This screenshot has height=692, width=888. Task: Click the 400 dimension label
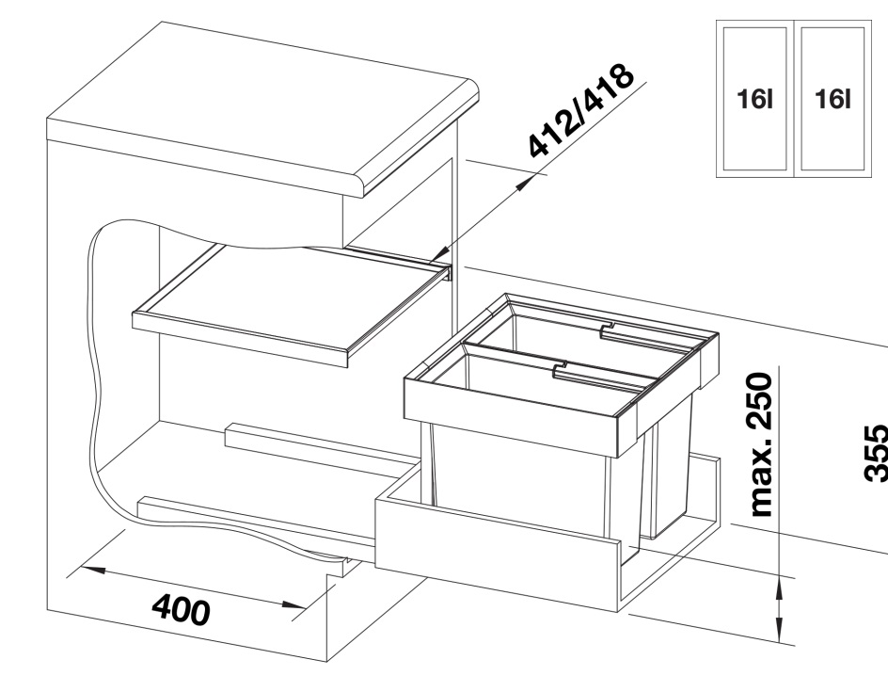[182, 609]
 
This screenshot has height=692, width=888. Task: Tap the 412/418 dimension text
[581, 110]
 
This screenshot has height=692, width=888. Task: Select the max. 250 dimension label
[761, 444]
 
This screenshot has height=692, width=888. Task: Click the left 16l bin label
[755, 99]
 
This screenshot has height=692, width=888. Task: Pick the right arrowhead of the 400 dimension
[293, 606]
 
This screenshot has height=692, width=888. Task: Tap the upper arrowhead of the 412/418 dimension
[523, 183]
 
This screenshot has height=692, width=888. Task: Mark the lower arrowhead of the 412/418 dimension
[440, 254]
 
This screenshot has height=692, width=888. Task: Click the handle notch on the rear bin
[608, 329]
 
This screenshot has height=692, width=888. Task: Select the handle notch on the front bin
[560, 368]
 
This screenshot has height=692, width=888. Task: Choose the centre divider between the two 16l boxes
[794, 99]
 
